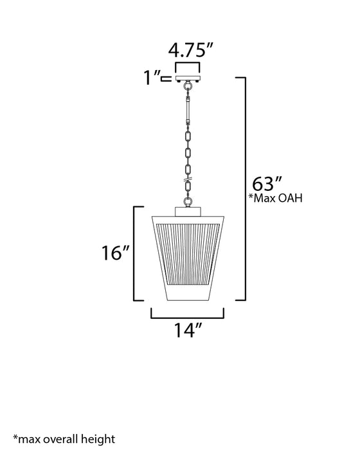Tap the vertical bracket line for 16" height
133,253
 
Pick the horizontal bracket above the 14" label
187,316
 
